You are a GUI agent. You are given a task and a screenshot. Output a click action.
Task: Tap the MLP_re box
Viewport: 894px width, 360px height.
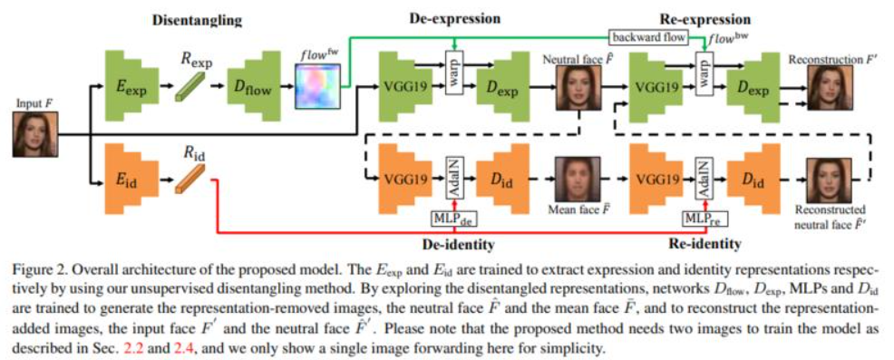(x=705, y=218)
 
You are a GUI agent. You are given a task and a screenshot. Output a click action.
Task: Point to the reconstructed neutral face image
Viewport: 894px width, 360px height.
(x=827, y=180)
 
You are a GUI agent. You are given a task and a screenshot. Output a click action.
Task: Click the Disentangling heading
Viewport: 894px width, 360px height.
(x=198, y=21)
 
